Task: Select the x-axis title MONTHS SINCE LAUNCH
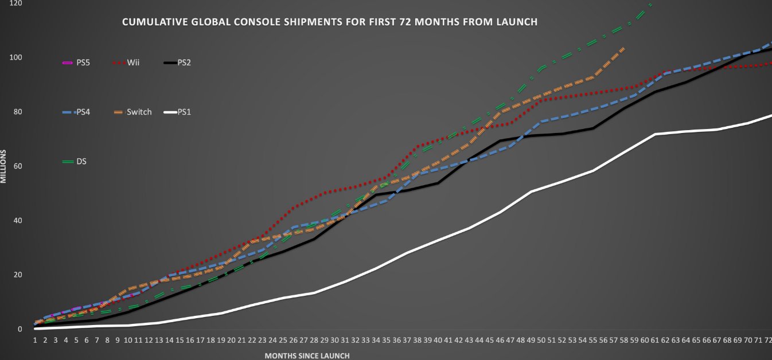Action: [307, 355]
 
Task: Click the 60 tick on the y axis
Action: [17, 166]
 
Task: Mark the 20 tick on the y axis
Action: [17, 275]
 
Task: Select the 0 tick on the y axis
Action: [20, 329]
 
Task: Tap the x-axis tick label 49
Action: [531, 339]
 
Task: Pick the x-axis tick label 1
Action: [36, 339]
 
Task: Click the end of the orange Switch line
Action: [623, 48]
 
